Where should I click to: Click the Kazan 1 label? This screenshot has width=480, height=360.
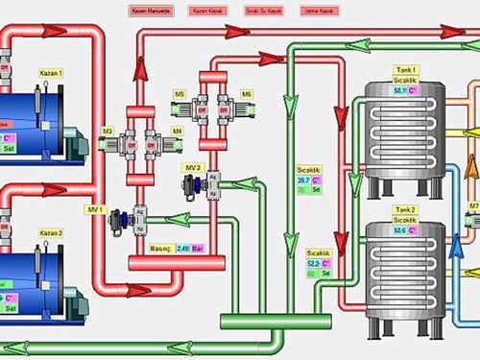coord(51,73)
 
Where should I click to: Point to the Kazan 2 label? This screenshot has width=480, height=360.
coord(51,233)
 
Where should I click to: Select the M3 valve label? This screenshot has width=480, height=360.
coord(108,131)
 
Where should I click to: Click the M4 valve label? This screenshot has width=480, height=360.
coord(177,131)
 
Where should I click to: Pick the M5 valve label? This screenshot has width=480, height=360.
coord(180,94)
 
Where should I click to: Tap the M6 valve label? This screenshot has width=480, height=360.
coord(248,94)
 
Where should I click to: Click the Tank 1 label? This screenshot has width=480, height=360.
coord(407,71)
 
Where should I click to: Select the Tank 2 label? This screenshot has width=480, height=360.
coord(407,209)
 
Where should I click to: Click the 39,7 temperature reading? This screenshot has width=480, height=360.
coord(303,180)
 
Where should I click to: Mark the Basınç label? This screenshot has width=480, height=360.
coord(160,248)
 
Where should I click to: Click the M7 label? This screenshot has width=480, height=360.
coord(473,205)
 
